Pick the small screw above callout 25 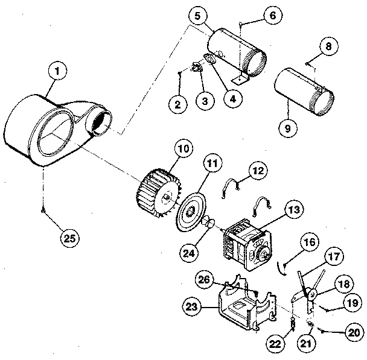pyautogui.click(x=43, y=209)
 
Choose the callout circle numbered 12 pyautogui.click(x=258, y=172)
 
